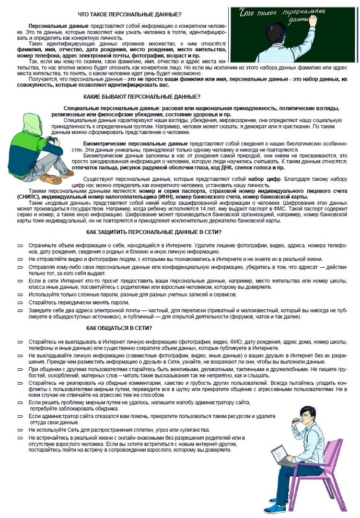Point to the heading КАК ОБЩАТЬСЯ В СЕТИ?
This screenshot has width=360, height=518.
click(119, 328)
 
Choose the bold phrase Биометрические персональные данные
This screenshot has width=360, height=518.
click(136, 143)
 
